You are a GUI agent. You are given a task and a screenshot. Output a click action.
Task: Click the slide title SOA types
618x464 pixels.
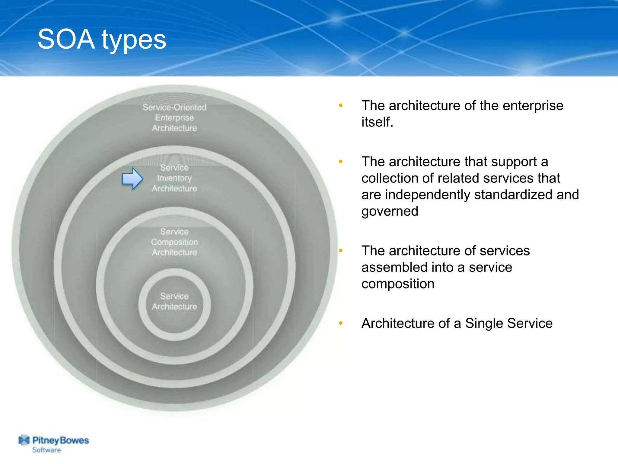coord(102,40)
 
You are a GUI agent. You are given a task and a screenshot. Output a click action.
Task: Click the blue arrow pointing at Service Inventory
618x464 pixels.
coord(132,179)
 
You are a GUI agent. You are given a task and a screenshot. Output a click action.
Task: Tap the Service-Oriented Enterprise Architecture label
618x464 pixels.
coord(174,118)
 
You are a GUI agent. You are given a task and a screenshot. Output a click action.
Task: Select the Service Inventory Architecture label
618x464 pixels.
coord(174,178)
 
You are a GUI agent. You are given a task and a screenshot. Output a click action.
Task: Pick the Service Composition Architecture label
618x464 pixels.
coord(174,242)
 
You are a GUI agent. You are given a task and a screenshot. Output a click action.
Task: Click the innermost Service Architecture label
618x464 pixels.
coord(174,301)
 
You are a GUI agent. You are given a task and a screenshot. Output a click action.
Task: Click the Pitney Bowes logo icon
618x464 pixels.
coord(24,440)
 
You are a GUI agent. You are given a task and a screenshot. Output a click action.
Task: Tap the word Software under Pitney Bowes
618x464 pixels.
coord(46,450)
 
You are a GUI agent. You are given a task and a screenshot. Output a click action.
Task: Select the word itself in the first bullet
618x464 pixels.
coord(377,122)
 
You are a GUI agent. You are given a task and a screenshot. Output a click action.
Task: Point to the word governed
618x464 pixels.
coord(390,211)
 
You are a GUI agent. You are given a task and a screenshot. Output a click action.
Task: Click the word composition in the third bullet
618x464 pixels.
coord(398,284)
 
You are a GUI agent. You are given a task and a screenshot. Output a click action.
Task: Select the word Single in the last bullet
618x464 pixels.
coord(484,323)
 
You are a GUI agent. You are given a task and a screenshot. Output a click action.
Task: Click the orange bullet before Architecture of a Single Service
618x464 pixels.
coord(341,323)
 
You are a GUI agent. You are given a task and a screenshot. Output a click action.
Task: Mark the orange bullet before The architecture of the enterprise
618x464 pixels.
coord(341,105)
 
